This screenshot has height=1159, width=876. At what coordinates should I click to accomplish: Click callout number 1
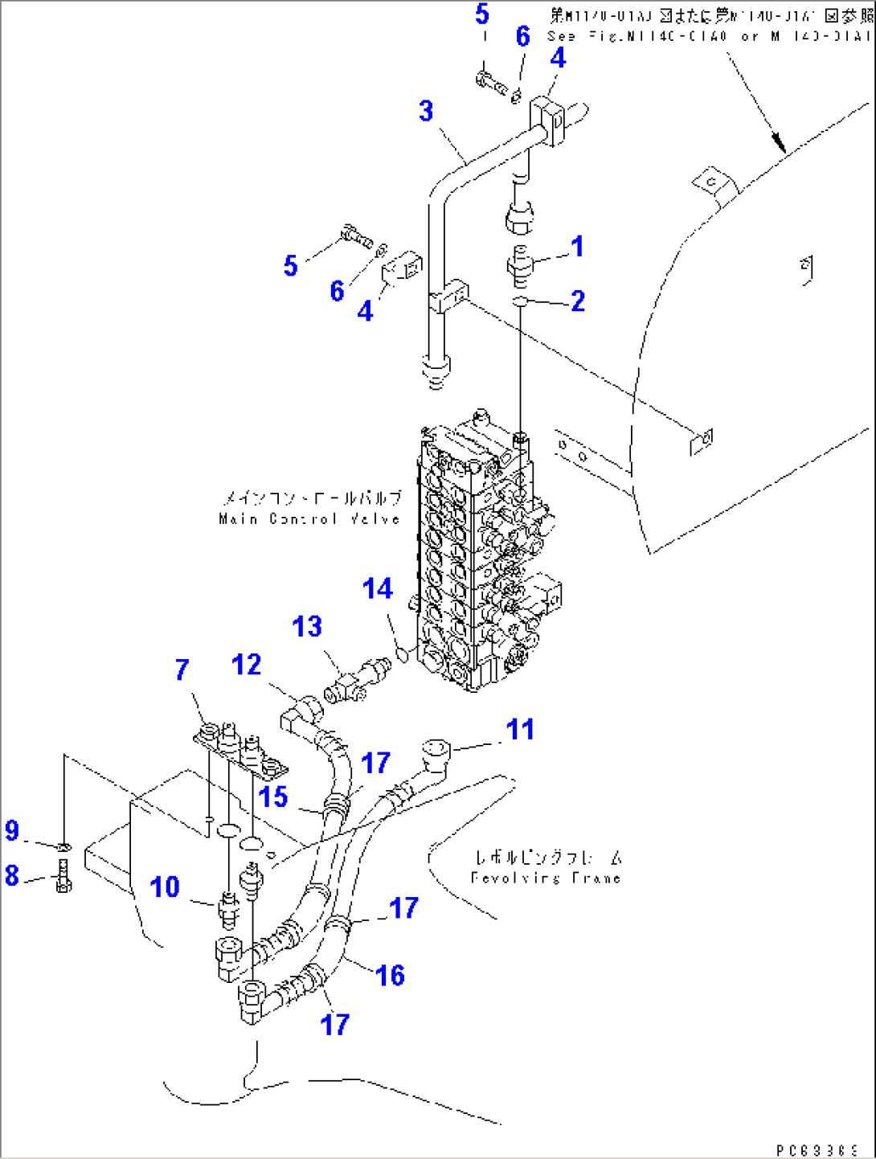(577, 247)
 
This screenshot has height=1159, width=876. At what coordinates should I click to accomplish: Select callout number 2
(578, 301)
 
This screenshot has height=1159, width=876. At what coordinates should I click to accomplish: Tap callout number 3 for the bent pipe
(426, 111)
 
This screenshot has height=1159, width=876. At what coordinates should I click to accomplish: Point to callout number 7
(182, 669)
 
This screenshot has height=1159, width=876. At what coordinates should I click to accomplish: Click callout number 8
(12, 874)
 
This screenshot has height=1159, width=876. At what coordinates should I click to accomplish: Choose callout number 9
(12, 830)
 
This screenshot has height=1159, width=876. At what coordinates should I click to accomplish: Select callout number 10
(165, 887)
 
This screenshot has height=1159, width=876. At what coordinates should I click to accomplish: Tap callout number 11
(520, 729)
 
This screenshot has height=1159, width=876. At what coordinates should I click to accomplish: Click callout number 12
(246, 665)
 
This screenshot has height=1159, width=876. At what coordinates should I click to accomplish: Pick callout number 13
(307, 626)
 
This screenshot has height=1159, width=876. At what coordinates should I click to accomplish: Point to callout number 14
(377, 588)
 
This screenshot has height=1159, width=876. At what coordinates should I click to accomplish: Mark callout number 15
(273, 797)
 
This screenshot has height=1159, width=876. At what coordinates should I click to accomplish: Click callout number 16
(390, 975)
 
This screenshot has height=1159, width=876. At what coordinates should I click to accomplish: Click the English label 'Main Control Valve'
(309, 519)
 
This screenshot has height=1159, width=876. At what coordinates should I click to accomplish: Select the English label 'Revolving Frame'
(546, 878)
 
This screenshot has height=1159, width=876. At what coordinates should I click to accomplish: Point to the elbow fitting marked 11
(434, 755)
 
